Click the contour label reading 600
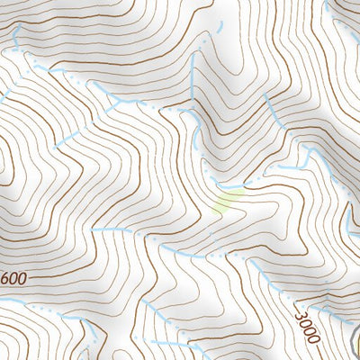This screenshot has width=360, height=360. tap(13, 278)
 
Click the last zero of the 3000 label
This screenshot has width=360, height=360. tap(314, 341)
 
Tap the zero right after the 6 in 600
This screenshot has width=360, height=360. tap(13, 278)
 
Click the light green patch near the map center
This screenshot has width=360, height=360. tap(229, 200)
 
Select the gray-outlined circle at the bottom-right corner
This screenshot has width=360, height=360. tap(356, 346)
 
